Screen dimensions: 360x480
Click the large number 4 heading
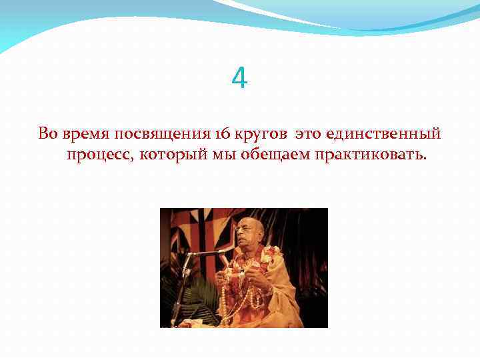click(x=239, y=79)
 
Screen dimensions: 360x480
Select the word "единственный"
click(x=384, y=133)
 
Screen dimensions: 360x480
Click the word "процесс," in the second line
click(x=99, y=156)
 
